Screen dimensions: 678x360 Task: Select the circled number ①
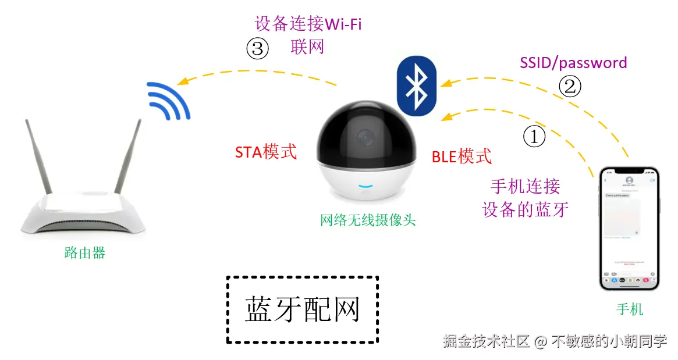coord(534,137)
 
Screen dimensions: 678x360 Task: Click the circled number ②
coord(570,87)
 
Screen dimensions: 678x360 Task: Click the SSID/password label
coord(573,63)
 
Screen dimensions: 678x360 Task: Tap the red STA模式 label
coord(266,152)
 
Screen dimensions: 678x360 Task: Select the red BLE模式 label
coord(462,156)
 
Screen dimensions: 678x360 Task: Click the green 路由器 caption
coord(85,253)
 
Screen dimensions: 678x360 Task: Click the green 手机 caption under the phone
coord(630,309)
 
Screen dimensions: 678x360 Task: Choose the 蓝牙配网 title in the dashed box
coord(303,309)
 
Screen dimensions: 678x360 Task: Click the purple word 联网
coord(307,47)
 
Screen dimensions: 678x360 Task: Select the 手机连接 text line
coord(526,186)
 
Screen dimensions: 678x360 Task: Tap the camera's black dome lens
coord(367,135)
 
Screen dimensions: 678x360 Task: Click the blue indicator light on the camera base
coord(366,187)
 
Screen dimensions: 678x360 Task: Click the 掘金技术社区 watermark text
coord(486,341)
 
